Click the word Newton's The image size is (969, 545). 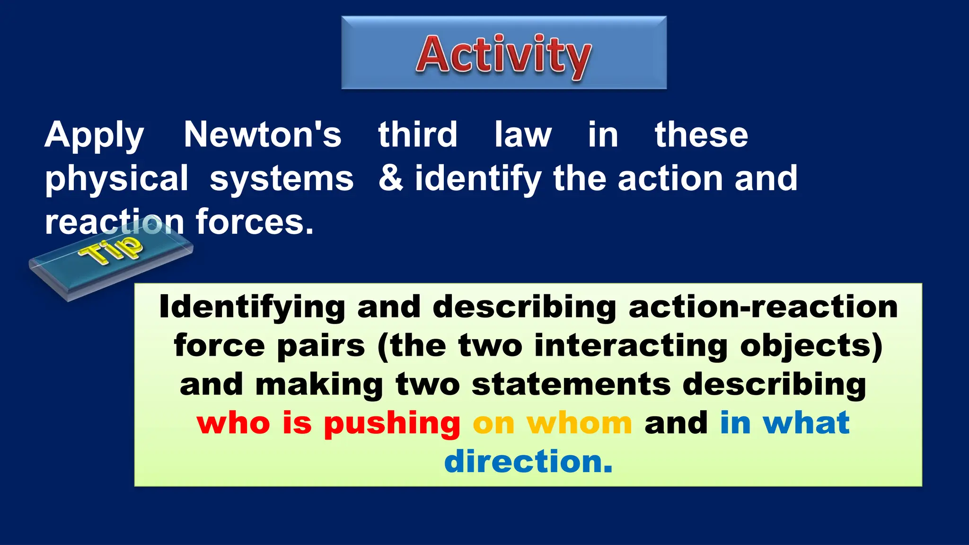[262, 134]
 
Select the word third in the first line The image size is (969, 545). [417, 134]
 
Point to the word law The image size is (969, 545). [522, 134]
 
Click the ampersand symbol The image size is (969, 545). [391, 178]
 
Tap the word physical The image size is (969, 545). [116, 179]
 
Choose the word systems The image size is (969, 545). [282, 179]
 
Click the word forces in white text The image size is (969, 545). [254, 221]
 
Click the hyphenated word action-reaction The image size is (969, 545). [763, 307]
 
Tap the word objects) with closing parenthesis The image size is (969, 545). [811, 346]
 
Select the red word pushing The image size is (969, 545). [392, 423]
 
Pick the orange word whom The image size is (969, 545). [579, 422]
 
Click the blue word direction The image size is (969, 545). [528, 461]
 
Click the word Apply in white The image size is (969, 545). [94, 135]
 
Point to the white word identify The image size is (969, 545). [478, 179]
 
